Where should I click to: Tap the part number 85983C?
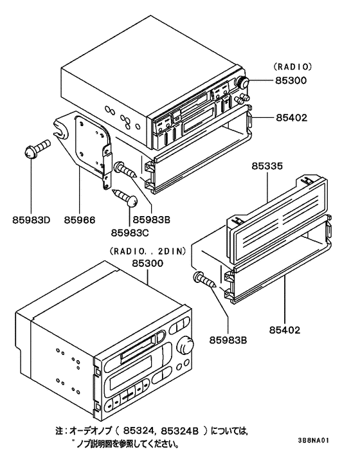(x=129, y=232)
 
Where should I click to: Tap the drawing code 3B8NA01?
(x=314, y=442)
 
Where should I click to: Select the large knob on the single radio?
(x=245, y=83)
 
